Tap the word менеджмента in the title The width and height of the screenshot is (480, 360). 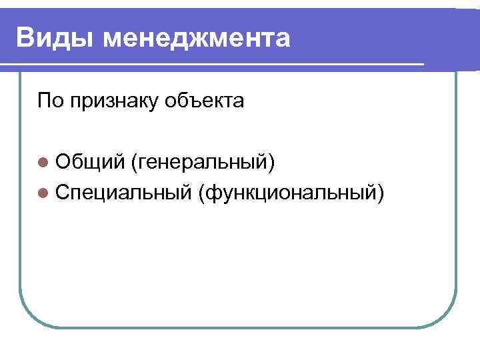pos(197,38)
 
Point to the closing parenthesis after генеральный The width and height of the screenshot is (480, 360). pos(271,161)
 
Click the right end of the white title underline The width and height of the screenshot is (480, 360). pos(423,64)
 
